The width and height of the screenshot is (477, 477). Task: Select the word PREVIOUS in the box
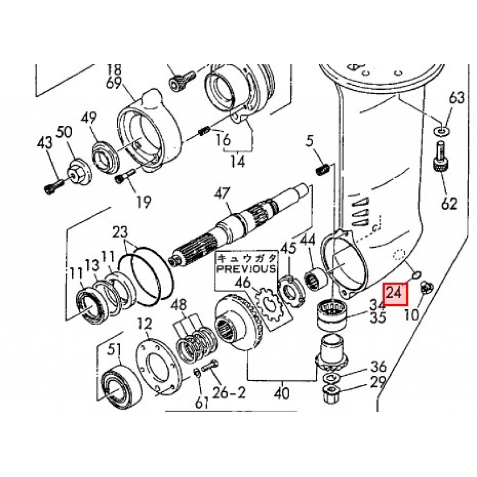246,269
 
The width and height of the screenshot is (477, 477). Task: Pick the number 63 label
457,98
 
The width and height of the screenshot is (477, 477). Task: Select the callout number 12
145,324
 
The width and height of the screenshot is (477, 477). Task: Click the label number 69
114,82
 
